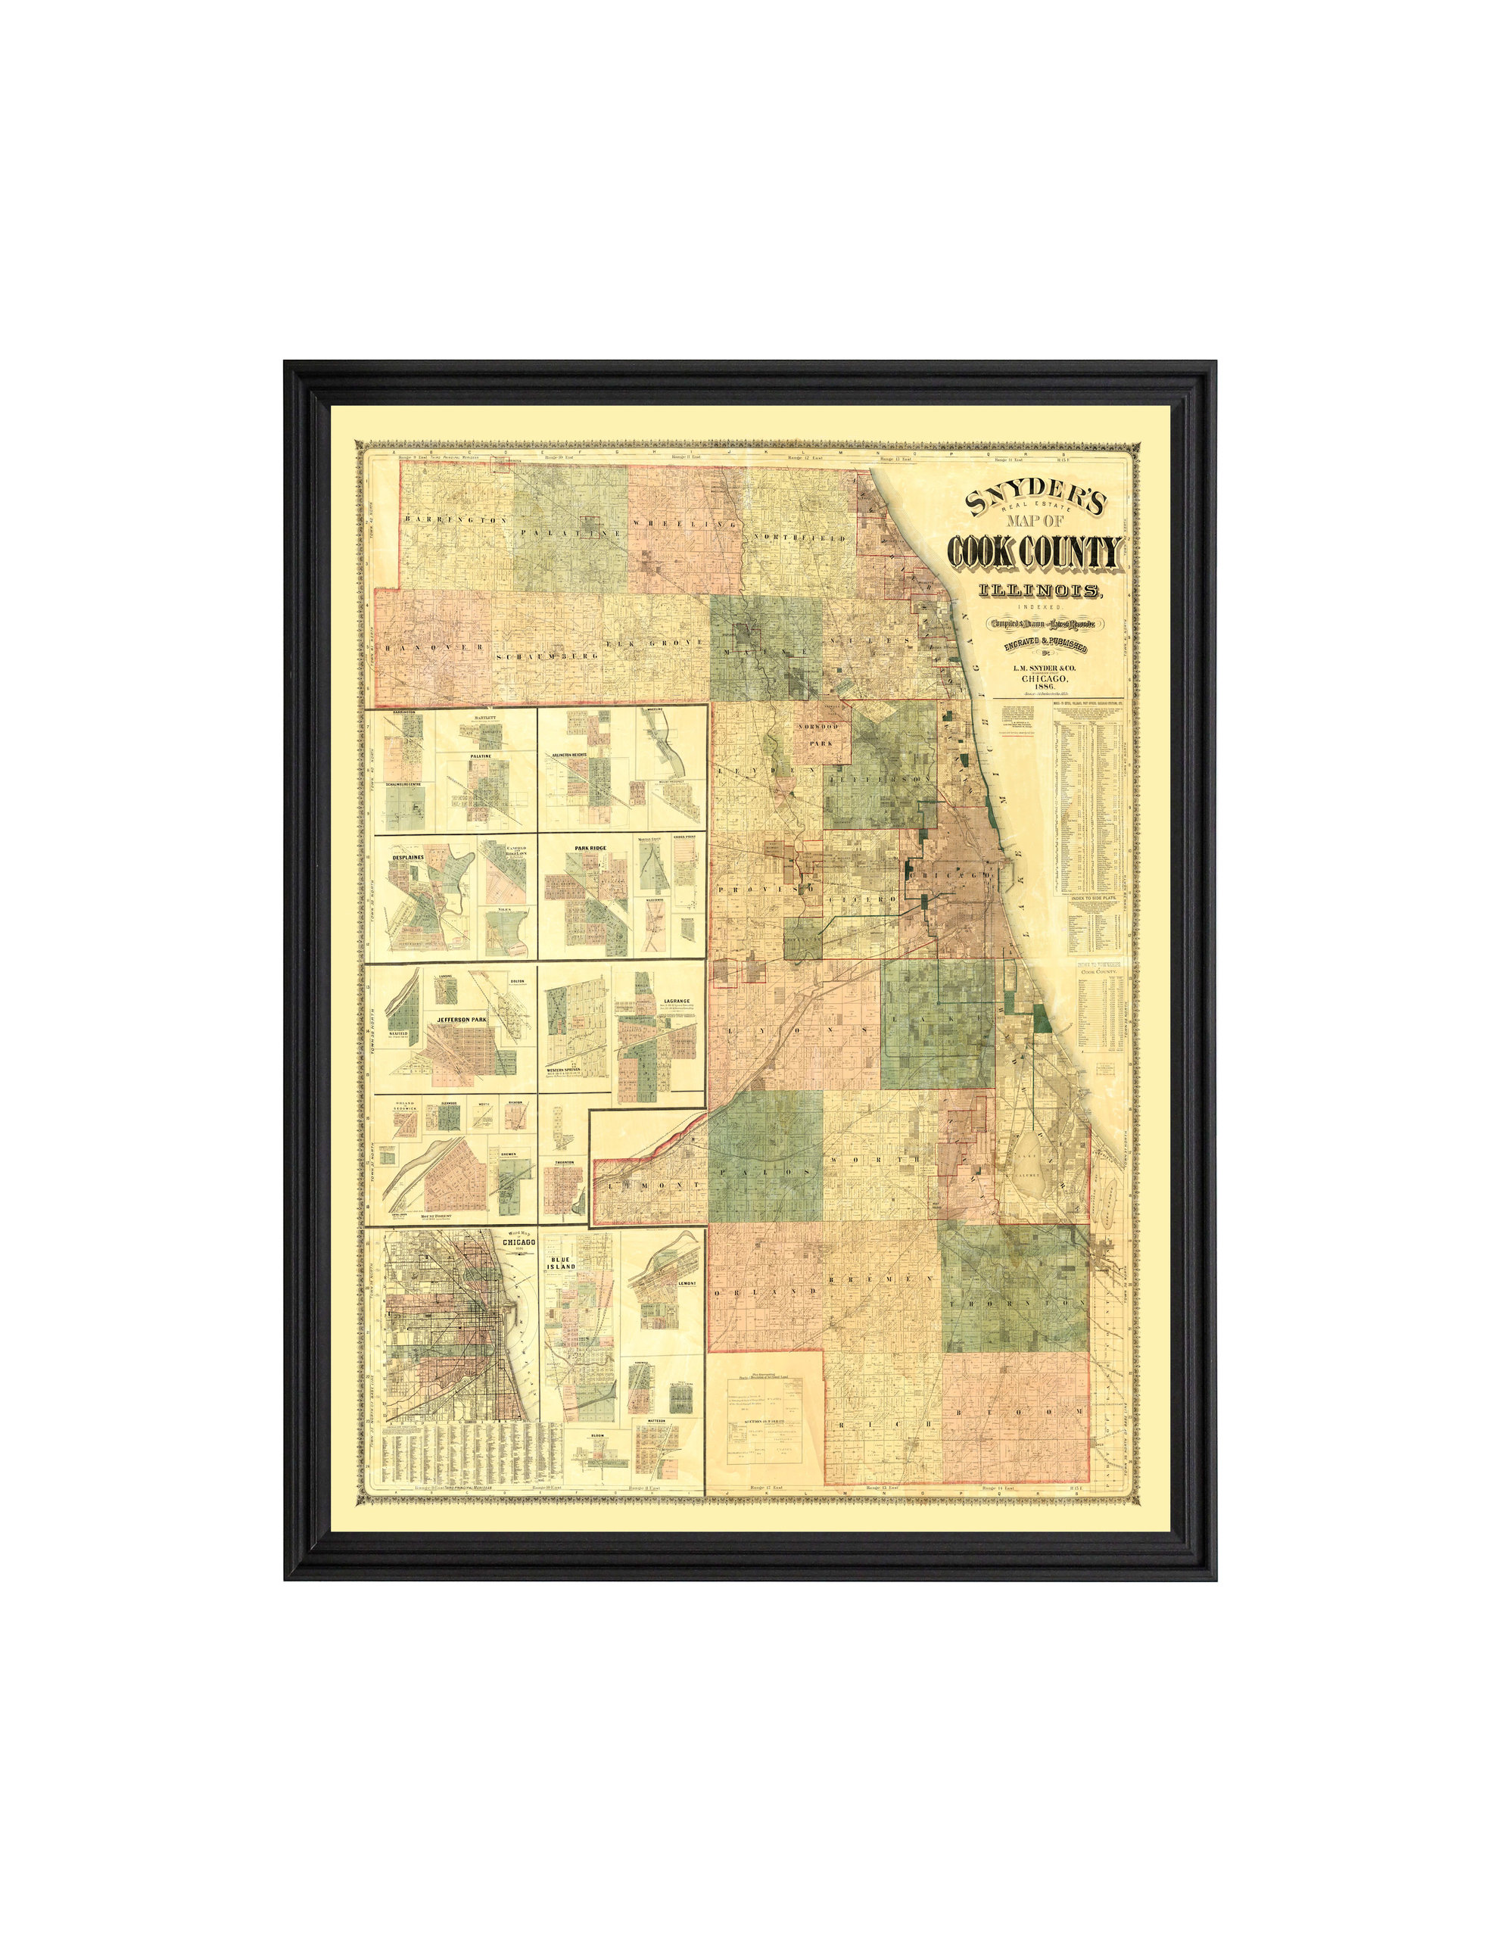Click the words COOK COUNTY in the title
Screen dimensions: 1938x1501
(x=1035, y=553)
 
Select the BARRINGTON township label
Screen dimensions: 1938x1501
(x=454, y=519)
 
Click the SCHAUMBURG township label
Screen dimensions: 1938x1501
(x=548, y=655)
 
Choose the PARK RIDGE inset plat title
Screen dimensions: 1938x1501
(x=589, y=849)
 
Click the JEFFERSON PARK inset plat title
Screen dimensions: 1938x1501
(x=460, y=1020)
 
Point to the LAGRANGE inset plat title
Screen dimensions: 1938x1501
(x=676, y=1001)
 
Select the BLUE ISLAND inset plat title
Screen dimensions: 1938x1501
(x=562, y=1263)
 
